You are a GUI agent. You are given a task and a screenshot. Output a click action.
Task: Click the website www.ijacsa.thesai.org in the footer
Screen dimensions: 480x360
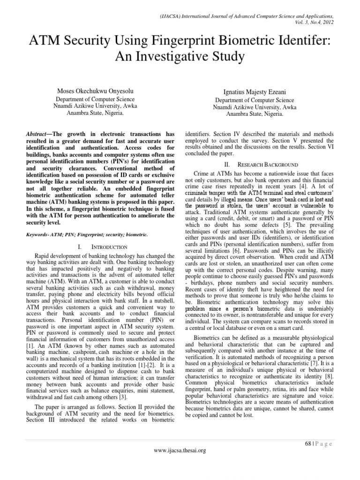point(180,450)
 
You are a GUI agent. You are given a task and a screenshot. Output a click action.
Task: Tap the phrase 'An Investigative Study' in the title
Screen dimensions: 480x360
point(180,57)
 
